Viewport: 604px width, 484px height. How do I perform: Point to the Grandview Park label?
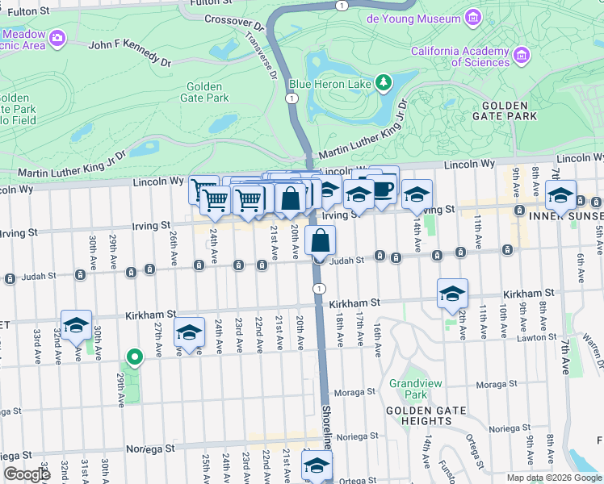[408, 389]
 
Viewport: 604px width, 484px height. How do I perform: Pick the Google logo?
[27, 474]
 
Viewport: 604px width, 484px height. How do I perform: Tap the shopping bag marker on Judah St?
[321, 240]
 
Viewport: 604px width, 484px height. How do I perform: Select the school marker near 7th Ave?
[560, 196]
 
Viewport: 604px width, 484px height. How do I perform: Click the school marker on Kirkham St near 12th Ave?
[452, 294]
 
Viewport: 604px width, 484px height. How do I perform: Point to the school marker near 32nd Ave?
[76, 325]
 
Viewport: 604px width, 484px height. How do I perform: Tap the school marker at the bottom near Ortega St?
[317, 465]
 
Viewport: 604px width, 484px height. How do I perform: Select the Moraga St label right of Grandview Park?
[497, 385]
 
